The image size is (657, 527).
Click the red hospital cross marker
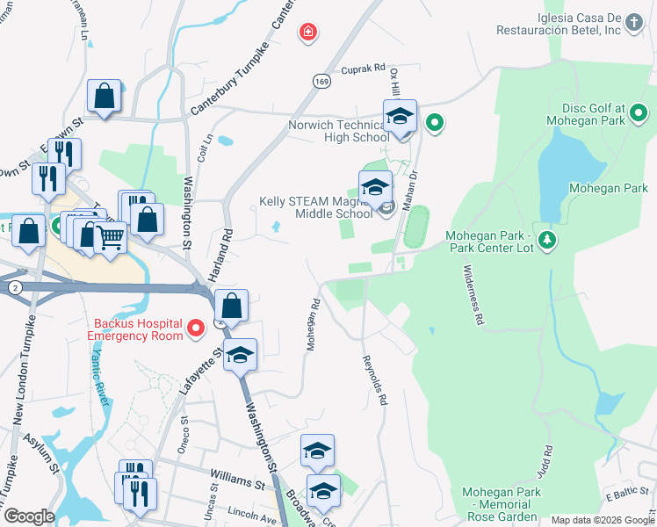pos(308,33)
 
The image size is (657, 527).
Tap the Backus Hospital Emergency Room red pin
pos(197,328)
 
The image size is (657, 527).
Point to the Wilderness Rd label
pos(468,298)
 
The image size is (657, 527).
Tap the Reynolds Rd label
pos(374,379)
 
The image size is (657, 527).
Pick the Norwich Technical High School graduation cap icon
pos(400,117)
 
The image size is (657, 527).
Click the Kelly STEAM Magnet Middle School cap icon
pos(375,187)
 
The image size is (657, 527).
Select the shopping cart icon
pos(110,235)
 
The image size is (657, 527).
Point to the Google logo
pos(29,516)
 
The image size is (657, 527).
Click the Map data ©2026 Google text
pos(602,520)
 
